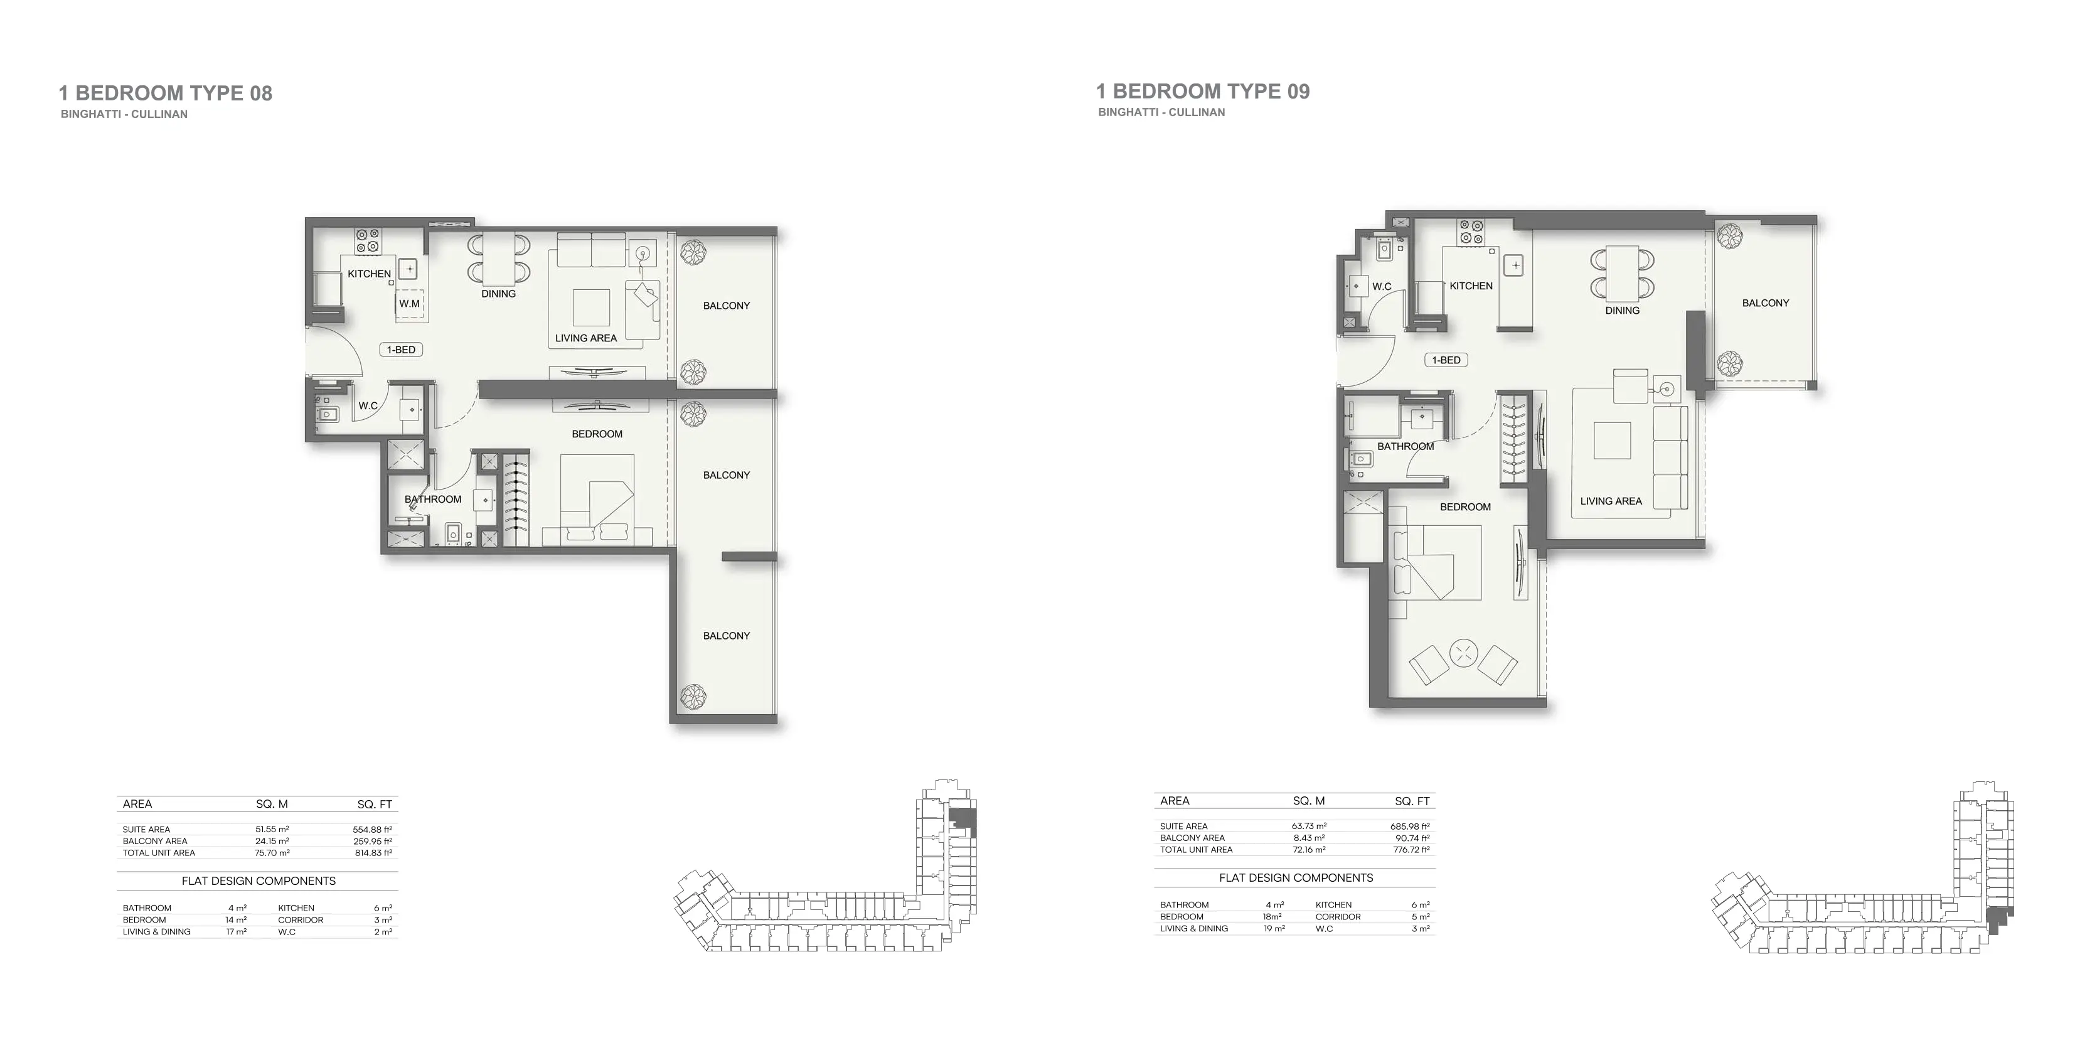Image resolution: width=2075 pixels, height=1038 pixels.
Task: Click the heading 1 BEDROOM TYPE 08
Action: [165, 94]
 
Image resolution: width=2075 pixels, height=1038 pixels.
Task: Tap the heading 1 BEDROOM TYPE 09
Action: [1203, 92]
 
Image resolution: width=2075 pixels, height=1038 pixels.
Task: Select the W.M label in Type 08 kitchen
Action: [409, 304]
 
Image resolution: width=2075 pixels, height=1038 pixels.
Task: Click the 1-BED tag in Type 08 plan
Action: [401, 350]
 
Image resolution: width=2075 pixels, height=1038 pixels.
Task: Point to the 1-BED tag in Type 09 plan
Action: [1446, 360]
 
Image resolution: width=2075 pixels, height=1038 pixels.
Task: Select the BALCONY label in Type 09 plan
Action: [1765, 303]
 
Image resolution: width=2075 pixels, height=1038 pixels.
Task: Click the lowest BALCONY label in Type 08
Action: [726, 636]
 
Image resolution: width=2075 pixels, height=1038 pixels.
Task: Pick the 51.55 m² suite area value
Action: [272, 829]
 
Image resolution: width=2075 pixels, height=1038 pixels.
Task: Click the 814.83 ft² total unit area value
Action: [372, 853]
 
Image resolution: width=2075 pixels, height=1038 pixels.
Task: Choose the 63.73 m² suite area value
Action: [1309, 826]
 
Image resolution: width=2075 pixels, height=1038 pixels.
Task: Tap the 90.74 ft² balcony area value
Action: [1412, 838]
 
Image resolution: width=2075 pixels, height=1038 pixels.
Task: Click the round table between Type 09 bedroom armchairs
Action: [1464, 653]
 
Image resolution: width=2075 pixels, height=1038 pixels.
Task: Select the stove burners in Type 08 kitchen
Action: [369, 241]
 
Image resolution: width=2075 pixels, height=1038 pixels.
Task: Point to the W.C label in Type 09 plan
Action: [1382, 286]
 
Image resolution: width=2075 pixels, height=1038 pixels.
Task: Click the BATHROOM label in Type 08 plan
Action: [432, 500]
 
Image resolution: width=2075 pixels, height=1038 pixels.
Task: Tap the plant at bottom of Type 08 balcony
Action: [693, 697]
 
